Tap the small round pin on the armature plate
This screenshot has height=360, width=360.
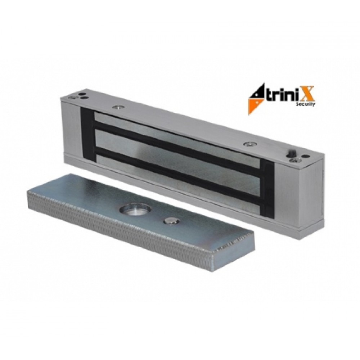[171, 221]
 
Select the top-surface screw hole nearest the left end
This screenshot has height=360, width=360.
[74, 98]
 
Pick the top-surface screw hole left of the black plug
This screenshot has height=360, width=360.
[250, 144]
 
